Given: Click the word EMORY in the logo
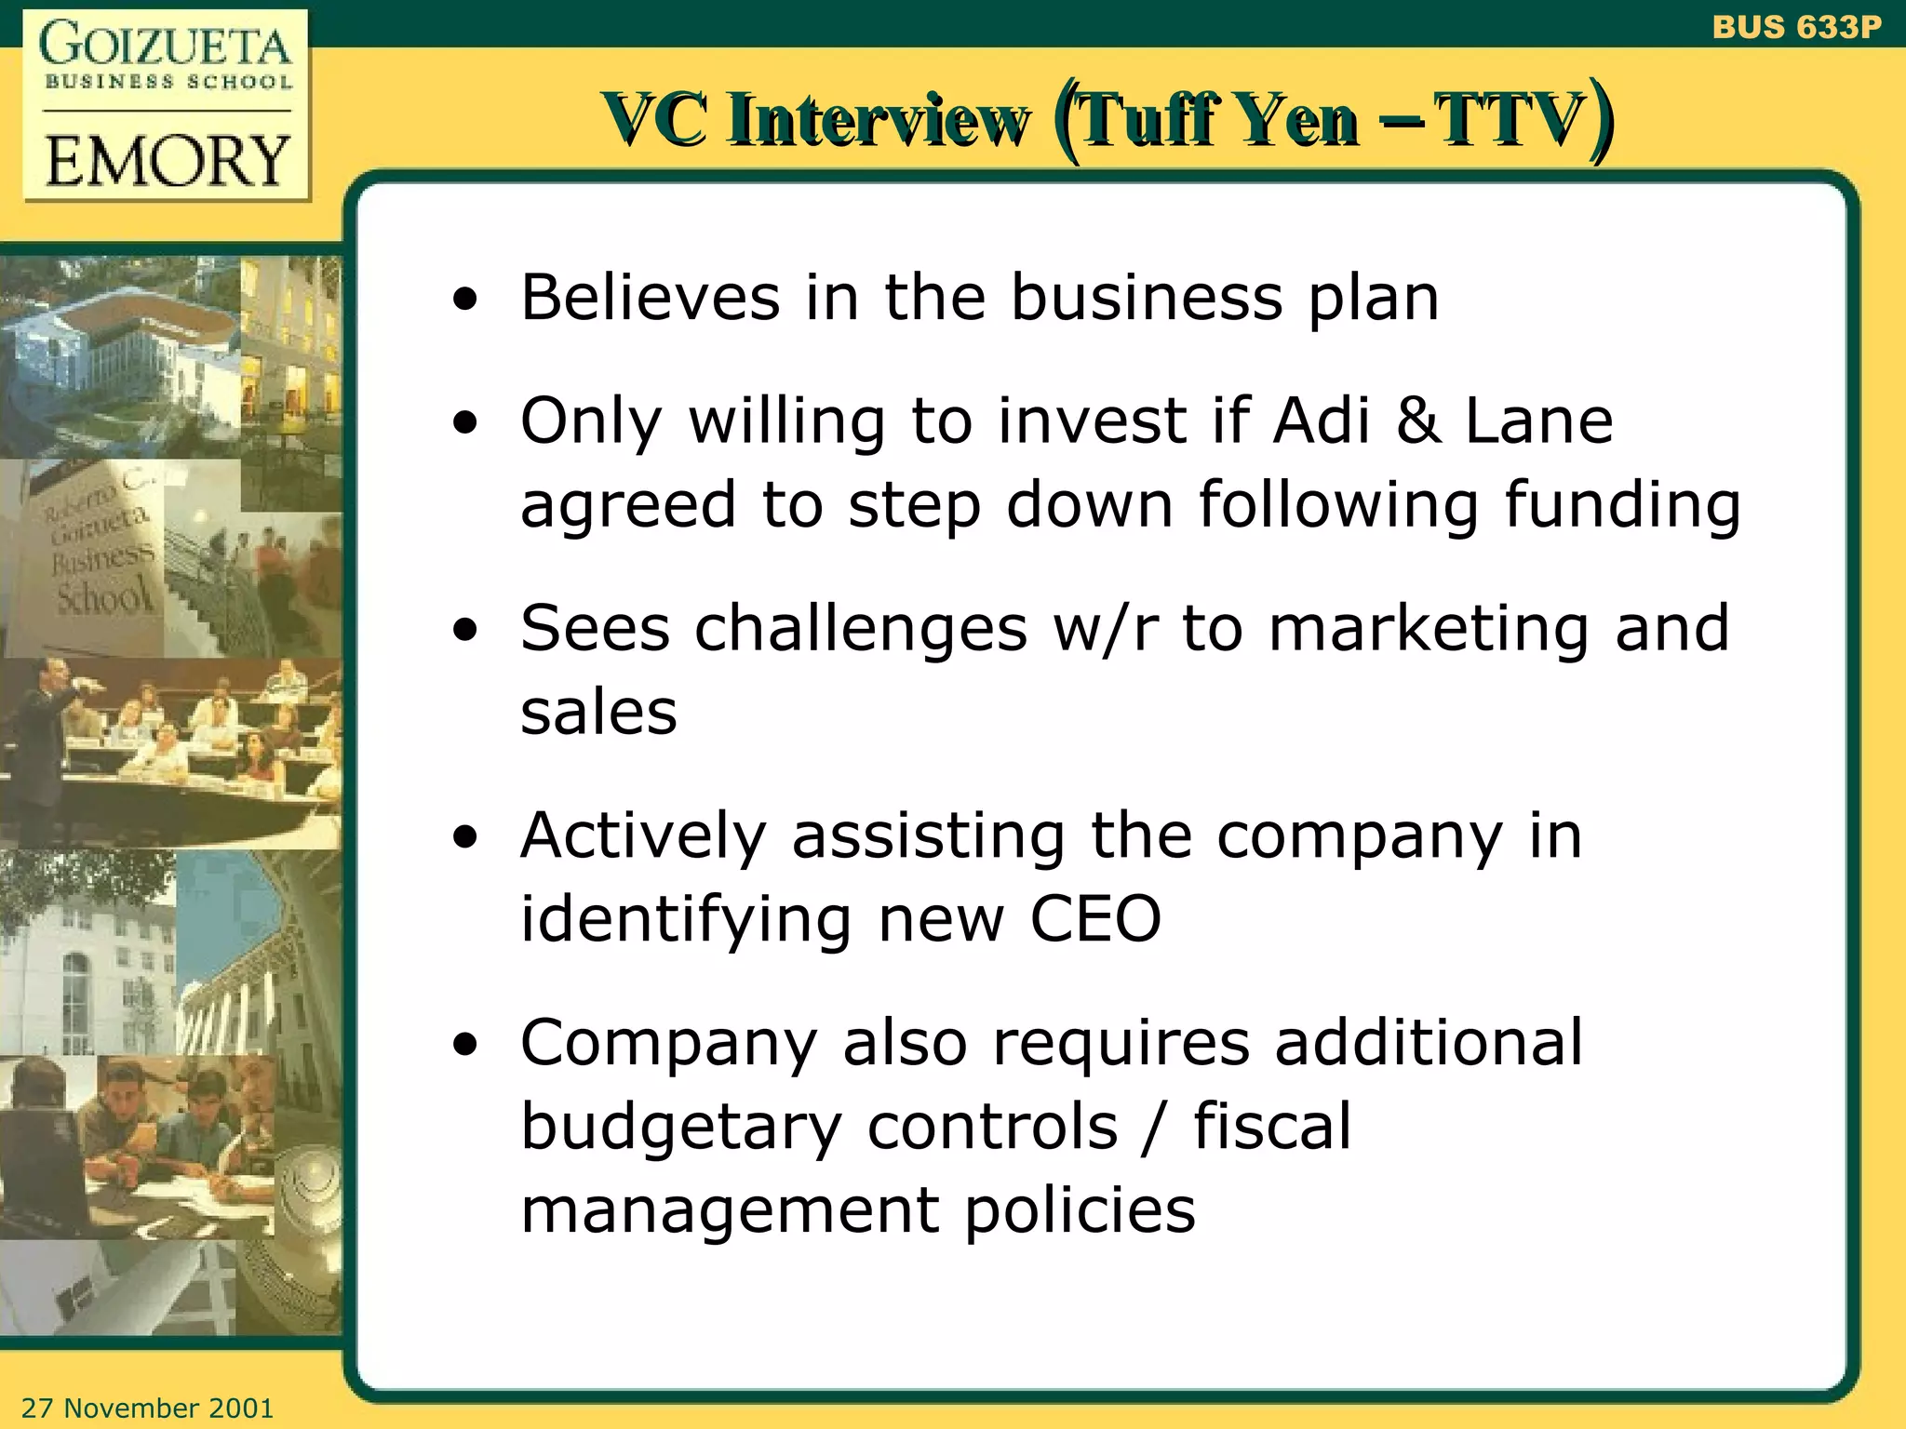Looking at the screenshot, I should pyautogui.click(x=168, y=160).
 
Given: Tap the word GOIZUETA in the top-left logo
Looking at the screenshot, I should pyautogui.click(x=166, y=45).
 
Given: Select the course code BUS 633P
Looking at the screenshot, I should pyautogui.click(x=1796, y=27).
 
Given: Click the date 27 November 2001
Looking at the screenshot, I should pyautogui.click(x=147, y=1408).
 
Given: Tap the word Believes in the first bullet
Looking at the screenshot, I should pyautogui.click(x=650, y=298).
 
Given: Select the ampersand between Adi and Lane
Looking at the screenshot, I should pyautogui.click(x=1417, y=421).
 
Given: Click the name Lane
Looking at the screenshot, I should pyautogui.click(x=1538, y=421).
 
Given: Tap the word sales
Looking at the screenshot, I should pyautogui.click(x=598, y=713).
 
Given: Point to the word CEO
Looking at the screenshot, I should pyautogui.click(x=1095, y=919).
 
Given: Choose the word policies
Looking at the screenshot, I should pyautogui.click(x=1080, y=1211).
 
